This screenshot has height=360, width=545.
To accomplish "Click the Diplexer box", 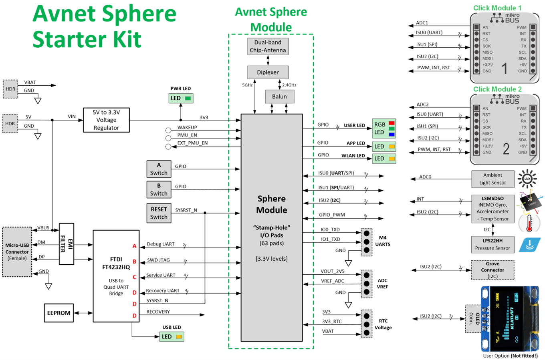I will pyautogui.click(x=268, y=72).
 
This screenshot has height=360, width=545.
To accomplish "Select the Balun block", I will pyautogui.click(x=279, y=97).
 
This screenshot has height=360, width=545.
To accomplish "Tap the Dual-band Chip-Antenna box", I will pyautogui.click(x=268, y=46).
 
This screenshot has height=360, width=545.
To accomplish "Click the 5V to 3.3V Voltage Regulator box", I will pyautogui.click(x=106, y=120).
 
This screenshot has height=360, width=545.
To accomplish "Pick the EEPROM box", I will pyautogui.click(x=59, y=313).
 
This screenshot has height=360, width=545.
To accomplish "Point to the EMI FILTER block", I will pyautogui.click(x=67, y=244).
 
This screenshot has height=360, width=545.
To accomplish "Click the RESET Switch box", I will pyautogui.click(x=159, y=213).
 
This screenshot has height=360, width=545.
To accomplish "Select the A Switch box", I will pyautogui.click(x=159, y=169).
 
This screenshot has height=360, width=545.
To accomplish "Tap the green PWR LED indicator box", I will pyautogui.click(x=181, y=98).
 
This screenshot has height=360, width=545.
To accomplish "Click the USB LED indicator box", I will pyautogui.click(x=172, y=337).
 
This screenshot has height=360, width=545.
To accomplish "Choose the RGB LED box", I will pyautogui.click(x=384, y=129).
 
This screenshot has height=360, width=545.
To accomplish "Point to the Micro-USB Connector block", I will pyautogui.click(x=17, y=252).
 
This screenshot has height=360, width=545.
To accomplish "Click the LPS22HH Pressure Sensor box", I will pyautogui.click(x=493, y=244).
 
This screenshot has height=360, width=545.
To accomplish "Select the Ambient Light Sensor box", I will pyautogui.click(x=493, y=179).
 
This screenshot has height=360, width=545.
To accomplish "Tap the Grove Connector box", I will pyautogui.click(x=493, y=270).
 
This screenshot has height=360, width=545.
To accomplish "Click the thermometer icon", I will pyautogui.click(x=529, y=223).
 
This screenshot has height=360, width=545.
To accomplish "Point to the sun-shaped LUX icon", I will pyautogui.click(x=527, y=179).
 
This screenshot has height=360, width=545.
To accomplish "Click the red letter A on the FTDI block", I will pyautogui.click(x=135, y=246).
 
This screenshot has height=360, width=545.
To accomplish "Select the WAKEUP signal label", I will pyautogui.click(x=187, y=127).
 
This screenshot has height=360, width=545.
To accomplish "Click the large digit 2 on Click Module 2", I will pyautogui.click(x=506, y=149).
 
